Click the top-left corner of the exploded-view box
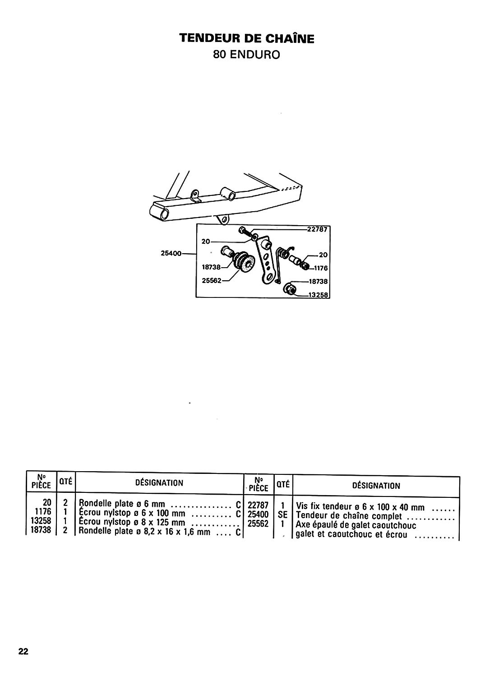[196, 224]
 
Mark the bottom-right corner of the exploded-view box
[330, 298]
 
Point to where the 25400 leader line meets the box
[196, 254]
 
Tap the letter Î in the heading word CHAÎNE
[291, 38]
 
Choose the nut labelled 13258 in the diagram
[290, 289]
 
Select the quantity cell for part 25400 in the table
[282, 515]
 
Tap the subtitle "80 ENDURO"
[246, 55]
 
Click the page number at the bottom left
[23, 649]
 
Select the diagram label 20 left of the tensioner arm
[206, 242]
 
